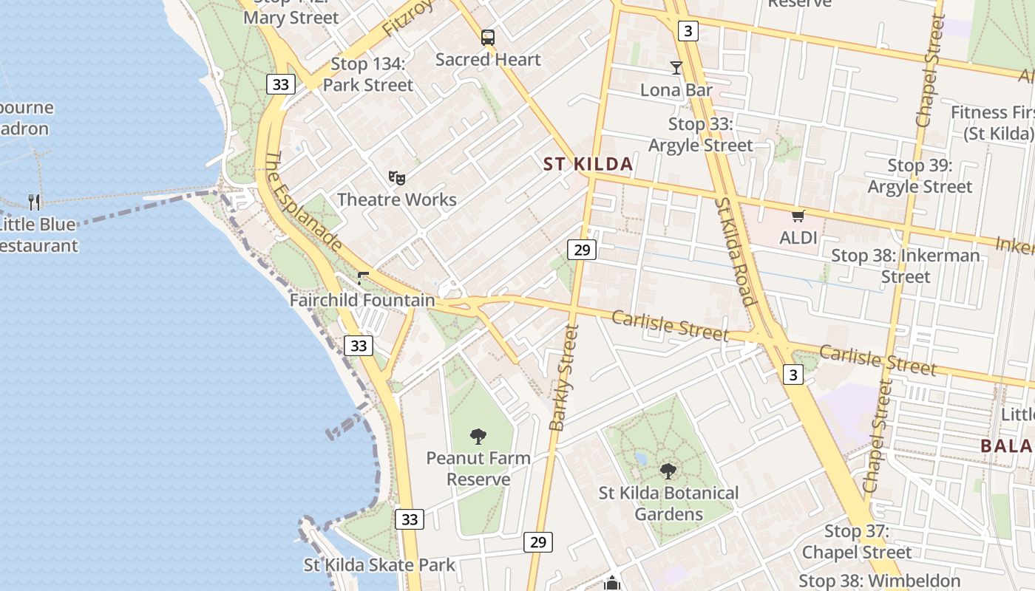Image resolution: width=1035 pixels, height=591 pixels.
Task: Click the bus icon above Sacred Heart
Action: [x=487, y=37]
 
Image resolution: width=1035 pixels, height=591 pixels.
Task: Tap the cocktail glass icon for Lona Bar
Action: [x=676, y=68]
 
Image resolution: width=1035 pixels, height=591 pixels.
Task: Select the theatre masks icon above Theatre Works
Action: [x=397, y=177]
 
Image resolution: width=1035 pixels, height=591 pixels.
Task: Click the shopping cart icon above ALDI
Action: [x=798, y=216]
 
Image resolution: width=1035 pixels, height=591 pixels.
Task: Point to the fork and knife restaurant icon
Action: [x=34, y=202]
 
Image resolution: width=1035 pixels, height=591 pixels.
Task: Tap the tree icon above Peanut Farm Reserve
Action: [x=478, y=437]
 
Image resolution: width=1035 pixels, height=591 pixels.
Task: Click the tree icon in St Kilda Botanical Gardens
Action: [x=668, y=471]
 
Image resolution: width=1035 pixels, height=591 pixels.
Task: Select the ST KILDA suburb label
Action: [x=588, y=164]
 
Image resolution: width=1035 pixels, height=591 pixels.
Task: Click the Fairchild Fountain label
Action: [x=362, y=300]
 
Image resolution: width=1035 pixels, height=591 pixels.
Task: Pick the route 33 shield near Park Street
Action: [x=280, y=84]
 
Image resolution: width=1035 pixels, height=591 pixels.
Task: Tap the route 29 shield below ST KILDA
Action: [x=582, y=250]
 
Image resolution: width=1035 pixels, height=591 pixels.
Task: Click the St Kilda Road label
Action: [x=736, y=251]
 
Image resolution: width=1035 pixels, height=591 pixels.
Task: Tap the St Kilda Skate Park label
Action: [x=380, y=565]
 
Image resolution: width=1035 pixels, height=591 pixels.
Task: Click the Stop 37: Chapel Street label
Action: [x=857, y=542]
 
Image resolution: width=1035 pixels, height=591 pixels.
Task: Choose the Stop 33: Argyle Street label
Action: [x=700, y=134]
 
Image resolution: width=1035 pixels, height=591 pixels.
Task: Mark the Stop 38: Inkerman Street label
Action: [x=906, y=266]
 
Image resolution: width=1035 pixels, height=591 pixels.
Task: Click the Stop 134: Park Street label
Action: [x=368, y=75]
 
